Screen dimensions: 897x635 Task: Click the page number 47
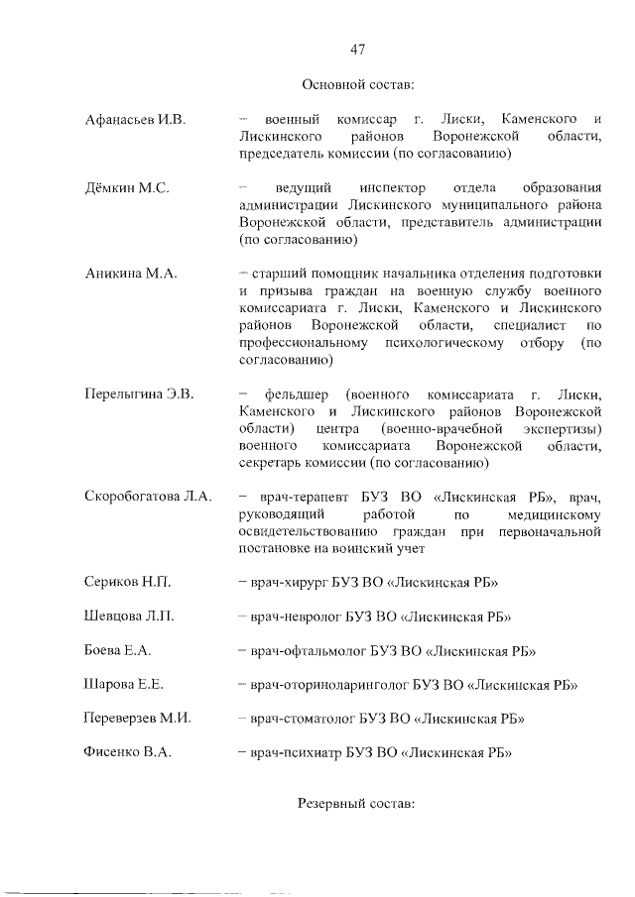(x=359, y=48)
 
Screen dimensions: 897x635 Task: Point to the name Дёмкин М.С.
(x=126, y=188)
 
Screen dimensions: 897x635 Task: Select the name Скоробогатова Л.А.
(x=149, y=497)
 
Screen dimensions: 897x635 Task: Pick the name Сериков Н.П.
(x=127, y=582)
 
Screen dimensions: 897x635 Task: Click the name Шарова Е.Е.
(x=125, y=684)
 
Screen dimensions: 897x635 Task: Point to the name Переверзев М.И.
(x=138, y=719)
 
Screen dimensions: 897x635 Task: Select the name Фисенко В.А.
(x=129, y=752)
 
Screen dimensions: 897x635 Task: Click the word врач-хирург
(x=294, y=582)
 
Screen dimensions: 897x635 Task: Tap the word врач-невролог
(x=298, y=617)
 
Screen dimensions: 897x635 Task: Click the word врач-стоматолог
(x=304, y=719)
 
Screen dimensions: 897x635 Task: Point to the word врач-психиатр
(x=298, y=752)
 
